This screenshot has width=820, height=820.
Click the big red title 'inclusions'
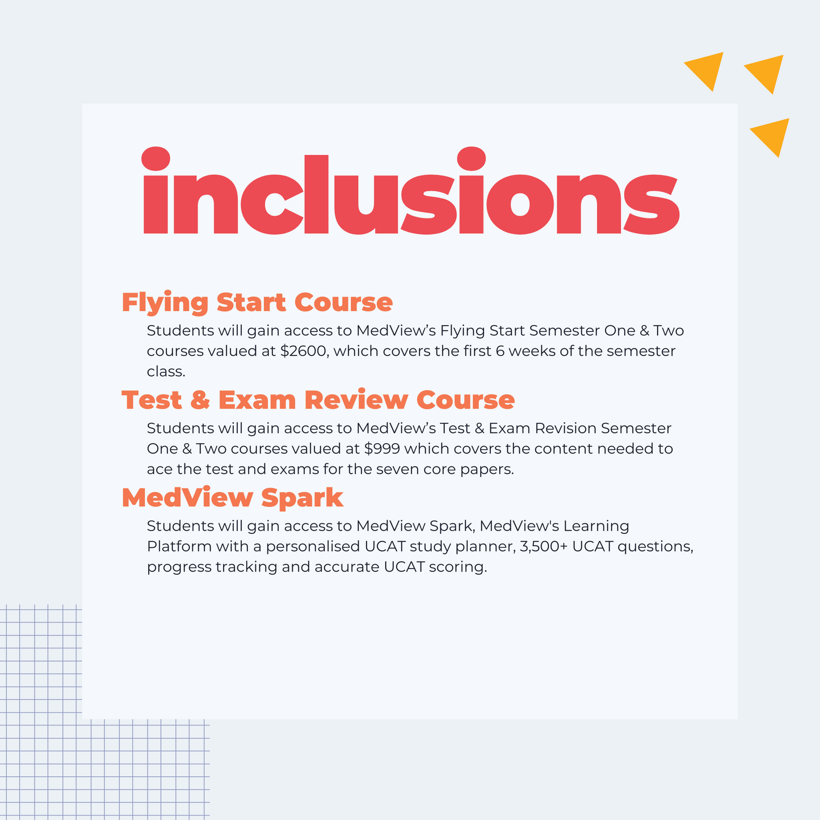pos(411,190)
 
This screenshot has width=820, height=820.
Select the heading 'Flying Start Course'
pos(257,302)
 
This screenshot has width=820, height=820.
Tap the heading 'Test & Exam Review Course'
pos(318,400)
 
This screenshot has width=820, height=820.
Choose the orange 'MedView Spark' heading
pos(232,497)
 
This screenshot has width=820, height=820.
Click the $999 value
pos(382,448)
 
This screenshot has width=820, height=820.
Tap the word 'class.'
pos(166,372)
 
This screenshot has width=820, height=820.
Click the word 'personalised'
pos(313,546)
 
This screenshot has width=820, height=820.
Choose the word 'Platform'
pos(179,546)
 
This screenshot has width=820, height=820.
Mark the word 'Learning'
pos(596,527)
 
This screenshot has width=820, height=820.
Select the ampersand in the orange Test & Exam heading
pos(200,400)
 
